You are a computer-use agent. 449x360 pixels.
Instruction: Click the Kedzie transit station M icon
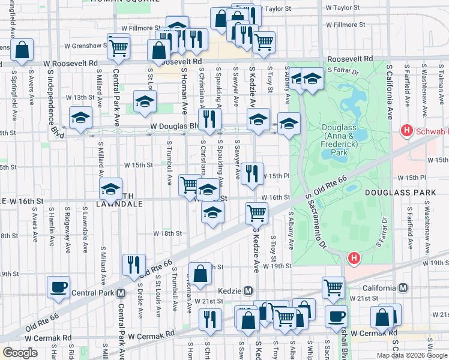[x=247, y=290]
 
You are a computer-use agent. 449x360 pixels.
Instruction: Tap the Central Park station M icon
[x=121, y=293]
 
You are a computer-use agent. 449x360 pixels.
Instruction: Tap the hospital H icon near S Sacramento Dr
[x=354, y=259]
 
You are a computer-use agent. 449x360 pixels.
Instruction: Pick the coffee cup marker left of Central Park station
[x=59, y=287]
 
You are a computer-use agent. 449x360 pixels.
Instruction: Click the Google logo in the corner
[x=20, y=353]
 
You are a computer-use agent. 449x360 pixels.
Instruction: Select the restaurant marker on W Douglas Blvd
[x=208, y=119]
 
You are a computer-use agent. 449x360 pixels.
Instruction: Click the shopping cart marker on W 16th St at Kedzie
[x=256, y=212]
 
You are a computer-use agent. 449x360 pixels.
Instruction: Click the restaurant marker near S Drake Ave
[x=133, y=264]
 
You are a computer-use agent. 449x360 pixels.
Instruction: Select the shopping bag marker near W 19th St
[x=200, y=273]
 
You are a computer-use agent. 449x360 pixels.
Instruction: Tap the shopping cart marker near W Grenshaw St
[x=119, y=46]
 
